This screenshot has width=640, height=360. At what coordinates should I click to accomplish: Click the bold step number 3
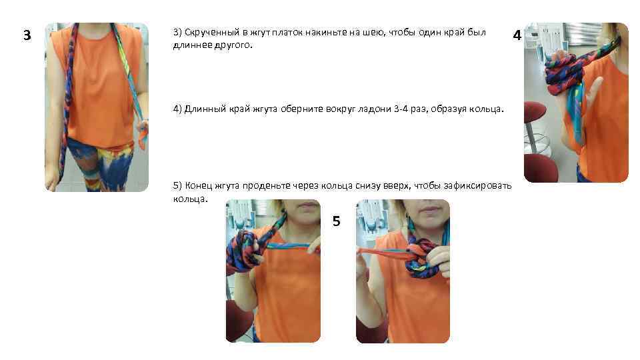[x=27, y=35]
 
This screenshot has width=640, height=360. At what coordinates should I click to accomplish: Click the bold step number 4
[x=517, y=35]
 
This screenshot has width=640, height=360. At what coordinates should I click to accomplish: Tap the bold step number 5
[x=336, y=221]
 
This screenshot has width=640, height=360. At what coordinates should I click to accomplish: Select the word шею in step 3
[x=371, y=32]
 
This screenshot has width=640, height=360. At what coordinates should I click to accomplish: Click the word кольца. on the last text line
[x=191, y=199]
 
